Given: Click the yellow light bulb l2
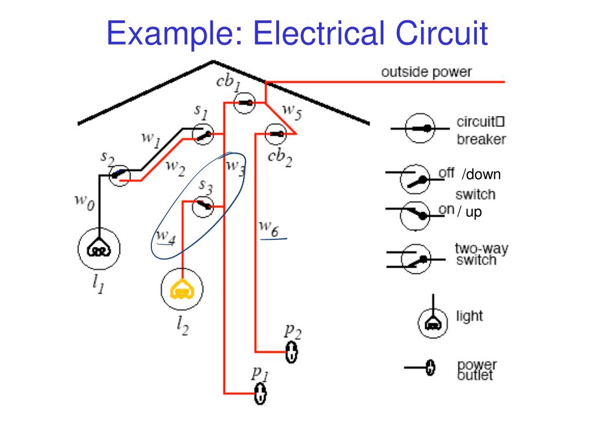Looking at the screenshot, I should point(182,290).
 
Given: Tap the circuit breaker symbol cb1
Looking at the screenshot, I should point(245,103).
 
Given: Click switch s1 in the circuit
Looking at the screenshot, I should point(203,134).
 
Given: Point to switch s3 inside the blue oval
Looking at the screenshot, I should point(203,206).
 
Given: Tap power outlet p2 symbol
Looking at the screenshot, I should point(291,352).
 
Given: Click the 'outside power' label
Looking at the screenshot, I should point(426,72).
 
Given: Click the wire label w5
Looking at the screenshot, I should point(292,112).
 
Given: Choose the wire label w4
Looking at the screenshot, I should point(165,237).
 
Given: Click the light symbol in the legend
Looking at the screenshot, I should point(433,322).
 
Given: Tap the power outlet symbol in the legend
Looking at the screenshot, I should point(430,367).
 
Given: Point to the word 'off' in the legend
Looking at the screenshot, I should point(445,172).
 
